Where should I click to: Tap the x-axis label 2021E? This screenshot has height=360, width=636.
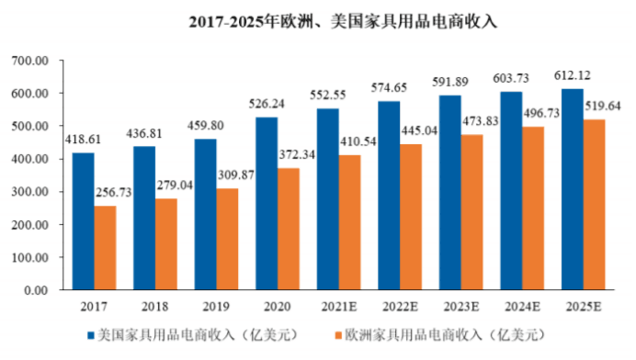[x=338, y=304]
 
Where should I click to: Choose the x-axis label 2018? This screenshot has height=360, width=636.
[x=155, y=304]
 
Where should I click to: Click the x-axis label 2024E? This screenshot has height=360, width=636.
[x=522, y=304]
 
